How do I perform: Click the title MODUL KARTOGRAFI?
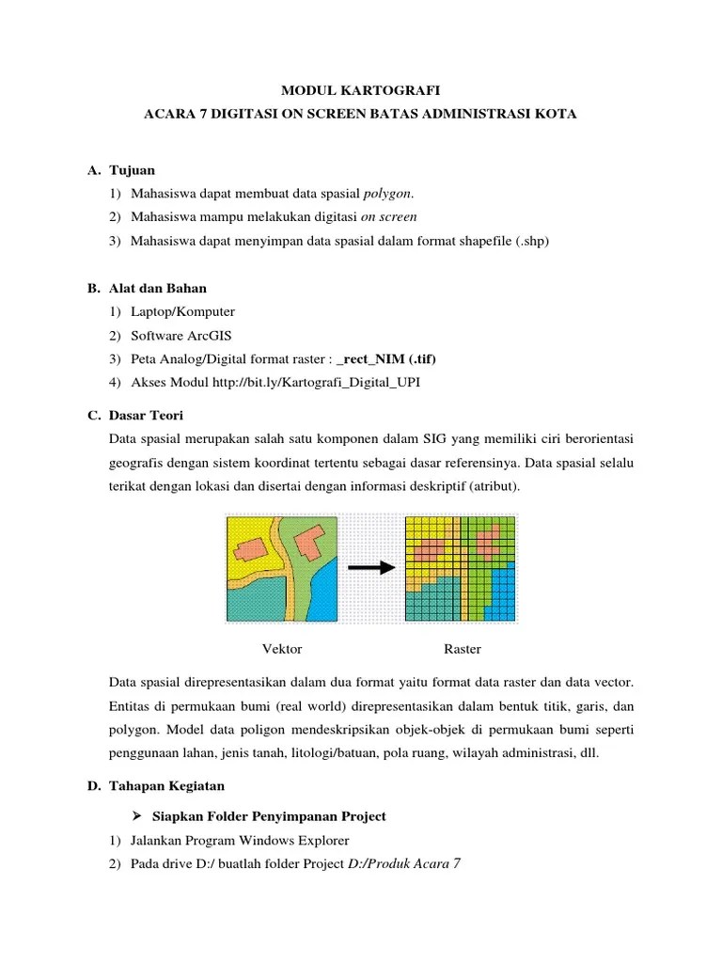point(362,90)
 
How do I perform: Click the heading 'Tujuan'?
point(133,170)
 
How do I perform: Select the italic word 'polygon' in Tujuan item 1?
point(387,194)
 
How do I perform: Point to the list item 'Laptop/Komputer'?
point(182,311)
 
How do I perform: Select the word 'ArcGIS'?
point(211,335)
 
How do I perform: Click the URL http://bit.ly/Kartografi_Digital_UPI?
point(304,383)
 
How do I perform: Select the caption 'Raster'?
point(462,649)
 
